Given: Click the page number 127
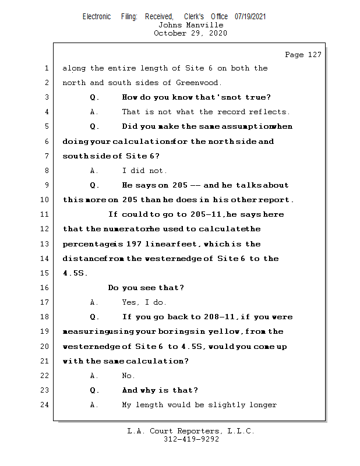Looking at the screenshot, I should coord(312,55).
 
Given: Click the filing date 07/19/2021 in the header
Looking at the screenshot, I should coord(250,16).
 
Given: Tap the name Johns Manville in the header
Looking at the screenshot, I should coord(190,25).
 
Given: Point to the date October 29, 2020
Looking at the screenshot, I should coord(190,33).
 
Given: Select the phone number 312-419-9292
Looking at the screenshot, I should coord(190,439).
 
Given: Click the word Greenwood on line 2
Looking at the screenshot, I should coord(198,83).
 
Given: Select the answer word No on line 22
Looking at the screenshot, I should coord(128,376).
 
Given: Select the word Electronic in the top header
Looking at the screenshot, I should coord(97,16).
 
